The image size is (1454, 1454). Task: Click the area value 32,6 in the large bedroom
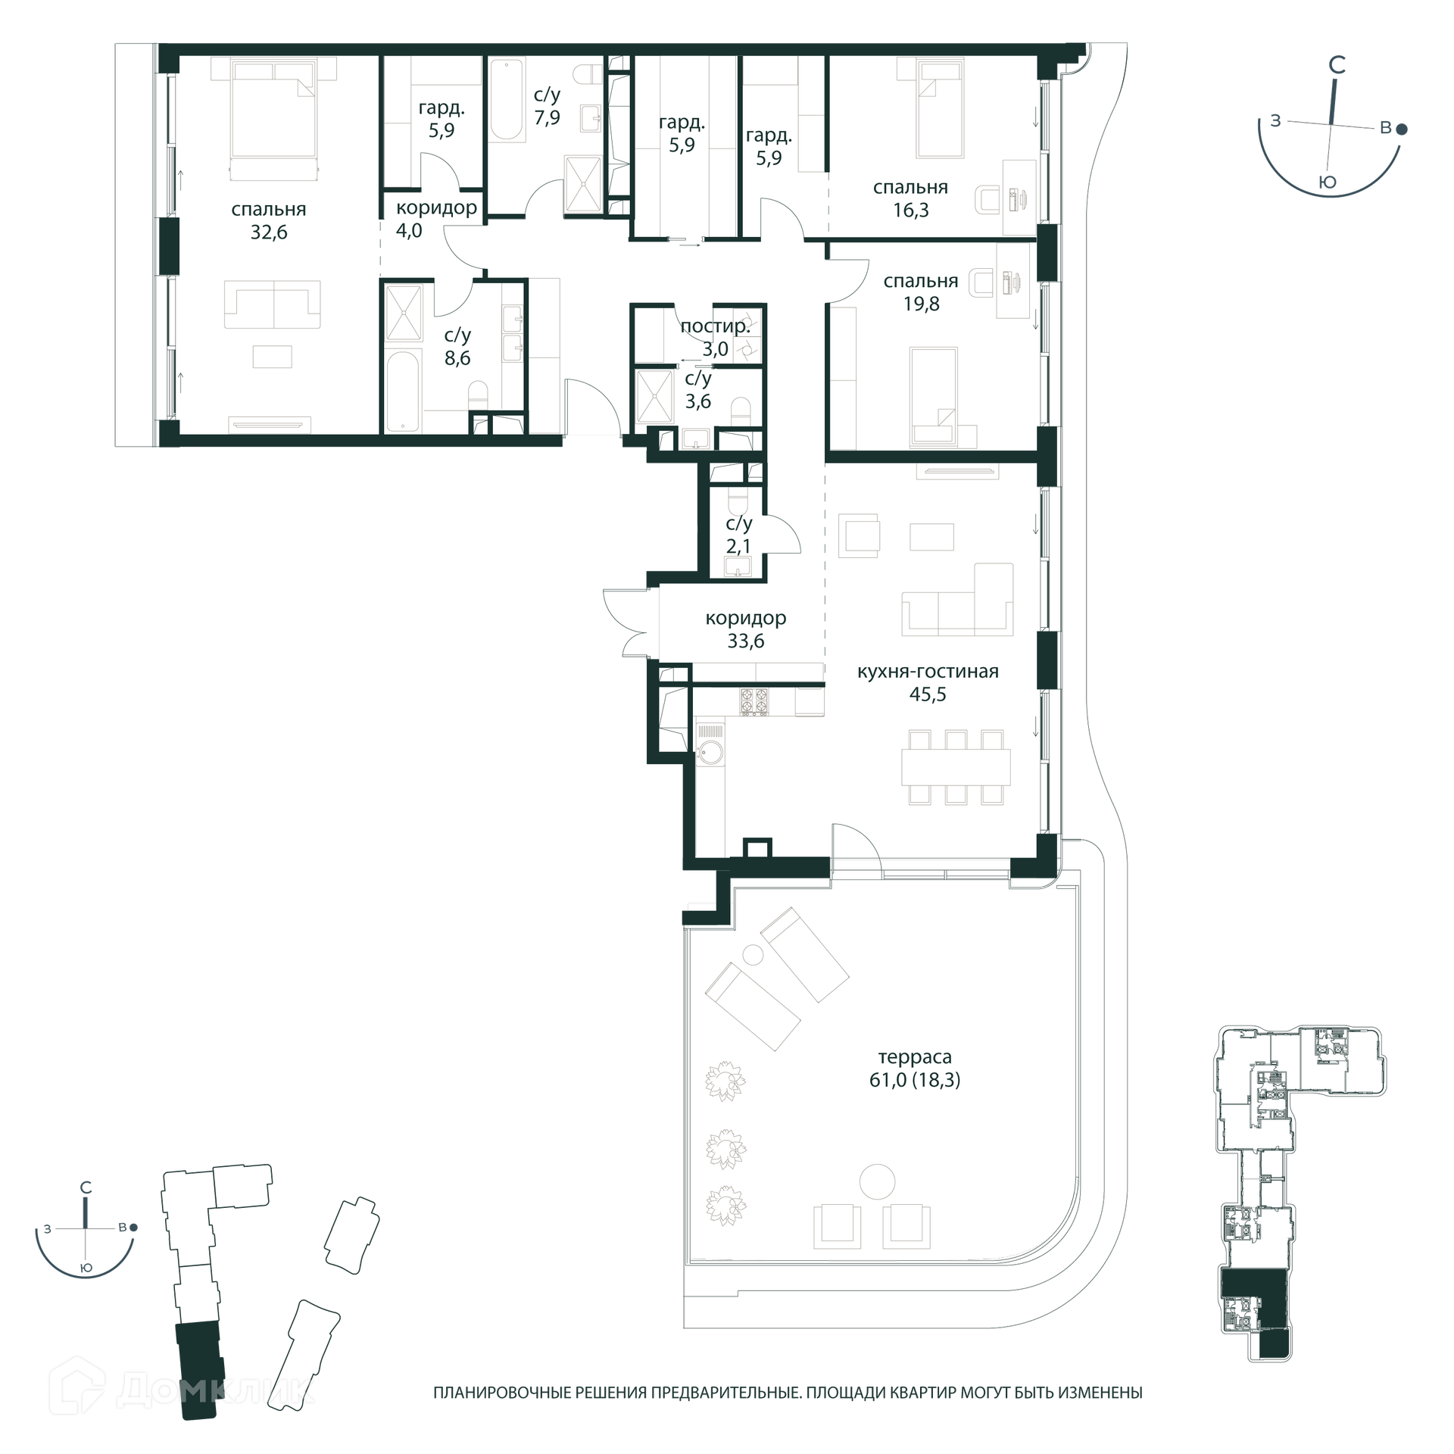coord(269,232)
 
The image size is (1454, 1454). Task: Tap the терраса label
coord(915,1056)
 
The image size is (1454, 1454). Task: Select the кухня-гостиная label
coord(928,671)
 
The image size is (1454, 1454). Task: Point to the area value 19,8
coord(921,304)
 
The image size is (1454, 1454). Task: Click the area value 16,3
coord(910,210)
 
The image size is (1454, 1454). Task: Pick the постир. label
coord(715,326)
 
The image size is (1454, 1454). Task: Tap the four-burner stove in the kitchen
coord(754,700)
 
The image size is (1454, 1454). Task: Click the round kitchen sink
coord(710,752)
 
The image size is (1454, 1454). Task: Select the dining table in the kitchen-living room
coord(956,766)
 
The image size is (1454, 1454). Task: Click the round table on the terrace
coord(877,1181)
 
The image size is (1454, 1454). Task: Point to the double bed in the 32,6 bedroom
coord(273,121)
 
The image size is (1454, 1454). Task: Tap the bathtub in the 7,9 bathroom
coord(507,101)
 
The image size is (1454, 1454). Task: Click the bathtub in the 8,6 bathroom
coord(402,392)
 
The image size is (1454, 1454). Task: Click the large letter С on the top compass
coord(1337,66)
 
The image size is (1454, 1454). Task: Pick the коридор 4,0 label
coord(436,219)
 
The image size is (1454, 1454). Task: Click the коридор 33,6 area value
coord(746,641)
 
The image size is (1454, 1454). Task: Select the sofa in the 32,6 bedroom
coord(272,304)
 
